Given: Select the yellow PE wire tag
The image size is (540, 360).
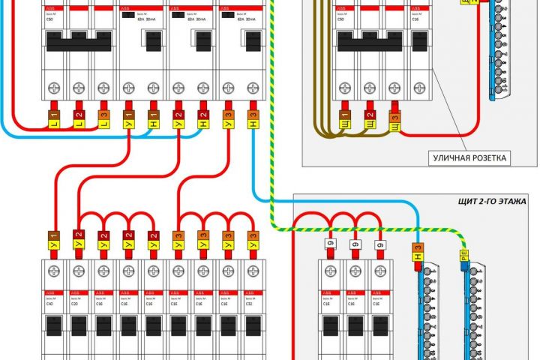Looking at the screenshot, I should click(463, 262).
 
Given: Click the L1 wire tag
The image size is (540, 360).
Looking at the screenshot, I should click(54, 118).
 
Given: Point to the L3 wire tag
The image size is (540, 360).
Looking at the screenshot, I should click(103, 118).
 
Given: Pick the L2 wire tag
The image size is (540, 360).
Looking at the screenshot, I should click(79, 118).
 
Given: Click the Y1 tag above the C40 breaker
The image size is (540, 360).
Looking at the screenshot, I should click(54, 240).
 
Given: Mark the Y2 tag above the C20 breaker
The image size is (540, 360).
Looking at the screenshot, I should click(79, 240).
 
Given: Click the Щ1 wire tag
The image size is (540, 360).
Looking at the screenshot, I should click(346, 118).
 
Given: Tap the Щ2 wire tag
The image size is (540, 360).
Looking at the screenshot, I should click(370, 118).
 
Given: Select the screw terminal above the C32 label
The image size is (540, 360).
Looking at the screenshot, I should click(253, 272).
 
